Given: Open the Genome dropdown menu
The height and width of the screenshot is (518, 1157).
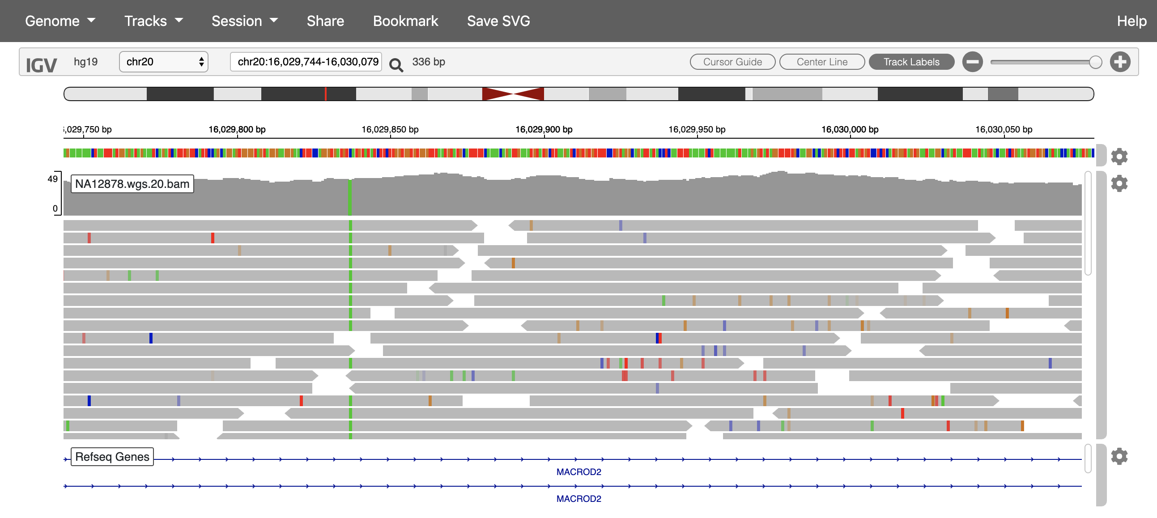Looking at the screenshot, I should click(x=60, y=21).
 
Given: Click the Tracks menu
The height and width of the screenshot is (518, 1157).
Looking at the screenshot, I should click(x=153, y=21).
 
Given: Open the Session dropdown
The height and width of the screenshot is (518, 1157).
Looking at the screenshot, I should click(x=244, y=21).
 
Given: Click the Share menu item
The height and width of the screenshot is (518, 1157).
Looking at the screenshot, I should click(x=325, y=21).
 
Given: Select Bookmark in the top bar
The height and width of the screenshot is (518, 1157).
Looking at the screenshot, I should click(x=405, y=21).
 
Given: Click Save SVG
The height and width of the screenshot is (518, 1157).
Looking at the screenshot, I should click(x=498, y=21).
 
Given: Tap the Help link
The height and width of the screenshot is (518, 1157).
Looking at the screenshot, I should click(x=1131, y=21).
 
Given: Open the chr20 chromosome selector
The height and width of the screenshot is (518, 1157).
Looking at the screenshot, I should click(x=163, y=61).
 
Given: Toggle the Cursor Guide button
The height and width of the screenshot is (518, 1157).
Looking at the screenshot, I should click(x=732, y=62).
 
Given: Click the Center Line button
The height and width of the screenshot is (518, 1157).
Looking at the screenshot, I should click(x=821, y=62).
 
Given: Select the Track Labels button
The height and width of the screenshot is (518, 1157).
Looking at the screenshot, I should click(x=911, y=62).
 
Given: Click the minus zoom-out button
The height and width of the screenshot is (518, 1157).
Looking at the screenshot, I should click(x=972, y=62).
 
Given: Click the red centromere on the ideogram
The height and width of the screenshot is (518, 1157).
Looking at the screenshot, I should click(x=513, y=94).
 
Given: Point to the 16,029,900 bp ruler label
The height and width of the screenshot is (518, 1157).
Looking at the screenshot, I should click(x=544, y=129).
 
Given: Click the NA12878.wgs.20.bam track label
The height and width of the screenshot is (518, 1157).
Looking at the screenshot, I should click(x=132, y=184).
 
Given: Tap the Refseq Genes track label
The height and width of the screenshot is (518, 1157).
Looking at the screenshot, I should click(x=112, y=457).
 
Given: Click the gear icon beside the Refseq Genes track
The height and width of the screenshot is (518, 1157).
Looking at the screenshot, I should click(x=1119, y=456).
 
